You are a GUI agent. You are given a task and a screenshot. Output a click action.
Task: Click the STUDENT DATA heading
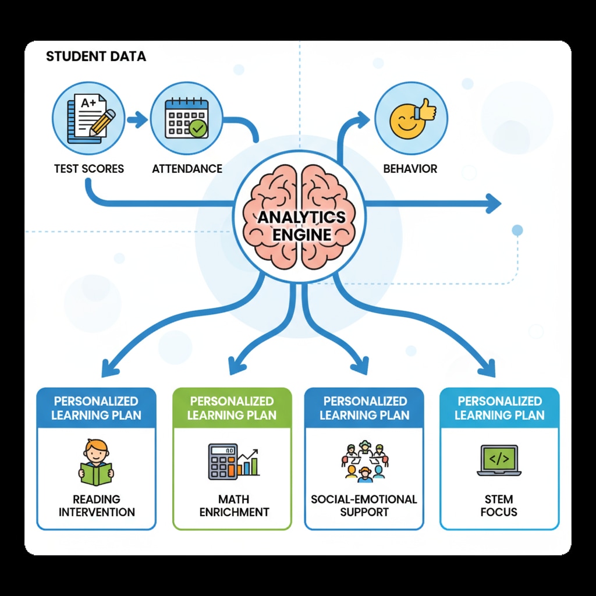click(96, 56)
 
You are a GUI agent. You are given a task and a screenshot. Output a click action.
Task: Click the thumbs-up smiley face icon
click(411, 118)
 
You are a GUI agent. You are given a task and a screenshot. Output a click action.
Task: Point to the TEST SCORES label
click(89, 169)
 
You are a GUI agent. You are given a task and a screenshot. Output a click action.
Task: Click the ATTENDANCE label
click(187, 169)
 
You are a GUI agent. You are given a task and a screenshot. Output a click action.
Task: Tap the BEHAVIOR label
click(410, 169)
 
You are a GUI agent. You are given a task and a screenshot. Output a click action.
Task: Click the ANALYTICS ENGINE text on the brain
click(301, 226)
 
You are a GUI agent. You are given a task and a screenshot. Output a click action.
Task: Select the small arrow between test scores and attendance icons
click(137, 120)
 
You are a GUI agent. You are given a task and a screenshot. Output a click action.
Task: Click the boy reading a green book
click(96, 463)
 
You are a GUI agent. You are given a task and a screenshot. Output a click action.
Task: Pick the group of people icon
click(365, 461)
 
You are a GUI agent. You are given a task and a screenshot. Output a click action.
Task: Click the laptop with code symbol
click(499, 461)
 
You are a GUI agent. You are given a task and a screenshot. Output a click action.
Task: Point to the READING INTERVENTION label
click(97, 506)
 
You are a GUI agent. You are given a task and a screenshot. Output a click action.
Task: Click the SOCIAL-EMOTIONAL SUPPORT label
click(364, 506)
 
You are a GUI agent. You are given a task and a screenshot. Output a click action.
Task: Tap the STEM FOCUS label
click(499, 506)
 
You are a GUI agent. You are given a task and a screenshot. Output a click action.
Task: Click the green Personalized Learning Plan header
click(232, 408)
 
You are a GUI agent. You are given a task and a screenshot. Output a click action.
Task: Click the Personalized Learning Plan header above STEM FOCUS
click(499, 408)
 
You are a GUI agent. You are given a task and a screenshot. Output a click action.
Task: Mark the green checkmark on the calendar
click(198, 129)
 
